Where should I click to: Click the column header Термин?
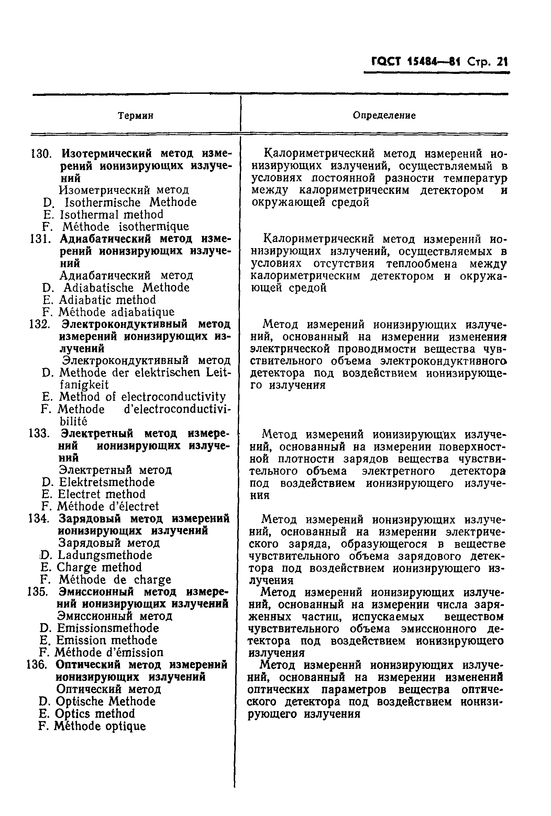coord(135,115)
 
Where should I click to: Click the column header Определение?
coord(384,115)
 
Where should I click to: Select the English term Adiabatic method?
coord(107,300)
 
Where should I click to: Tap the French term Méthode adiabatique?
coord(116,312)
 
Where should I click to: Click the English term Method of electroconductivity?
coord(142,397)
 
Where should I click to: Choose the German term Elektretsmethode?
coord(107,482)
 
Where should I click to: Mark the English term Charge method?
coord(99,567)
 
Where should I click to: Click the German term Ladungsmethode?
coord(104,555)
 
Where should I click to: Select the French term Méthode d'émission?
coord(109,652)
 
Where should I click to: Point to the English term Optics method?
coord(95,714)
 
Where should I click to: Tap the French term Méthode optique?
coord(99,726)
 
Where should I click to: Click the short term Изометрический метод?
coord(124,190)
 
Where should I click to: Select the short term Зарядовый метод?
coord(109,543)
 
